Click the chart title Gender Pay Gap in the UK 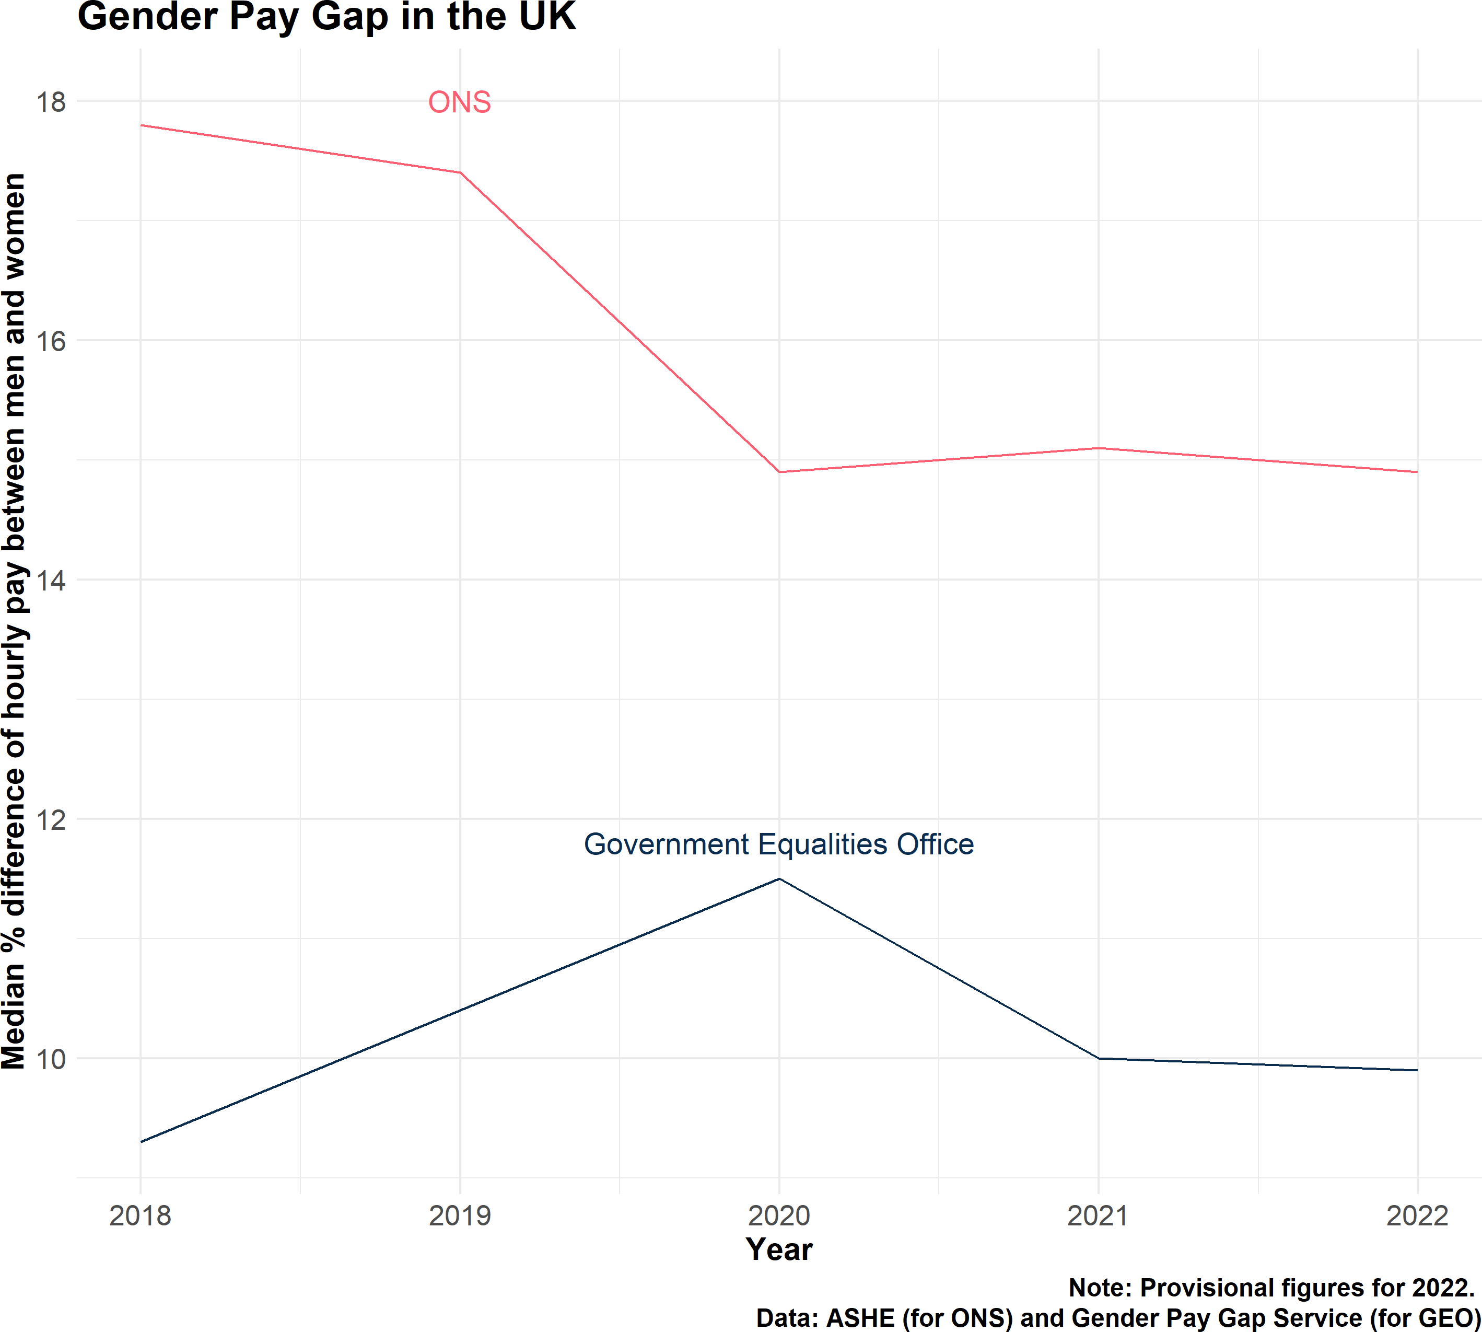click(326, 16)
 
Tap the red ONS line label click(459, 102)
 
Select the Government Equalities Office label click(778, 844)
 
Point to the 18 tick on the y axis click(51, 102)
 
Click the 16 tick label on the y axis click(51, 341)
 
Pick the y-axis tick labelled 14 click(51, 581)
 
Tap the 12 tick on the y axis click(51, 820)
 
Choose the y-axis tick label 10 click(51, 1059)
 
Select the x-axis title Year click(779, 1249)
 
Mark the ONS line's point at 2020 click(779, 472)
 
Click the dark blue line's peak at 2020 click(779, 879)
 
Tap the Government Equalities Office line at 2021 click(1098, 1058)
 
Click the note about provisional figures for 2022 click(1271, 1288)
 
